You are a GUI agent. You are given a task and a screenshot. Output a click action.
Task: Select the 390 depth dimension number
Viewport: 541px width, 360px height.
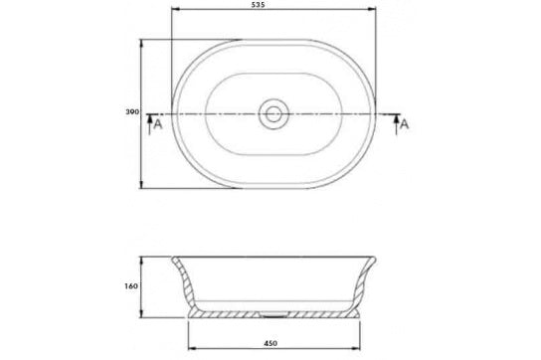point(128,112)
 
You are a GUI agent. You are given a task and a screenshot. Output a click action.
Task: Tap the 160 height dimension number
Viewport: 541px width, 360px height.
point(128,284)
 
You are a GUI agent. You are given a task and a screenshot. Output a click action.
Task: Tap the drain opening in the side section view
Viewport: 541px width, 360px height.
point(271,310)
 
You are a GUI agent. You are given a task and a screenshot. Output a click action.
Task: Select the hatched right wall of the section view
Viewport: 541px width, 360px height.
point(360,283)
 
